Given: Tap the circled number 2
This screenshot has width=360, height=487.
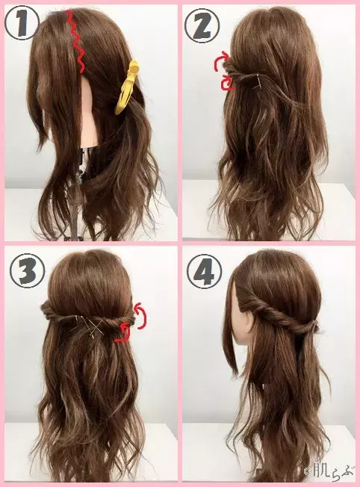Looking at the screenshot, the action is [202, 26].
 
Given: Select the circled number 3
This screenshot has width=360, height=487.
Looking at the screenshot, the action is [28, 271].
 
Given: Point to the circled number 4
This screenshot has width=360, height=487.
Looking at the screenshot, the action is [205, 271].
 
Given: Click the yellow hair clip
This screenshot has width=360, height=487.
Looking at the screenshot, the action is [125, 87].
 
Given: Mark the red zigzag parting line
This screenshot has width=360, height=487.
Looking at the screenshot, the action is [75, 40].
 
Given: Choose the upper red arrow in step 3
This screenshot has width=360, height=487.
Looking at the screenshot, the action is [141, 316].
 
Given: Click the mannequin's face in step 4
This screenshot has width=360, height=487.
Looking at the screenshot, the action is [242, 317].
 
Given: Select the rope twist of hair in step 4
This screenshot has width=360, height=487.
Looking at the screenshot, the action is [279, 314].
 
